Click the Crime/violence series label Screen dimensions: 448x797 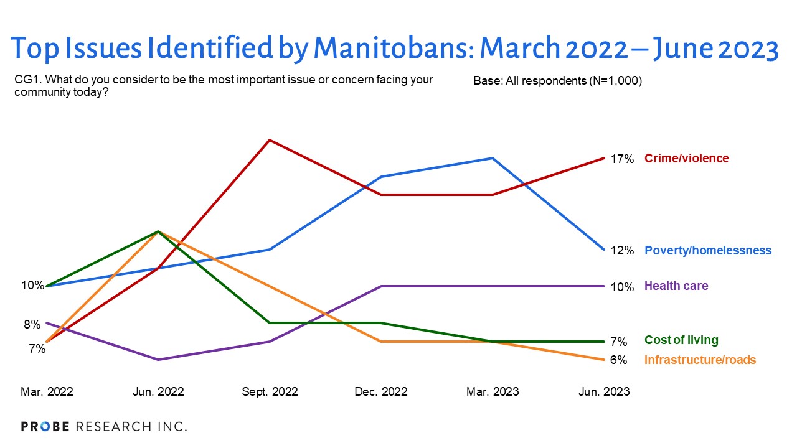tap(686, 159)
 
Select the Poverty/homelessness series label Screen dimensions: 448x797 tap(707, 251)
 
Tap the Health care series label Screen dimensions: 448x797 tap(676, 286)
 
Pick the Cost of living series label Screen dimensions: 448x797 tap(681, 340)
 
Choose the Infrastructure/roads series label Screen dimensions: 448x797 tap(700, 360)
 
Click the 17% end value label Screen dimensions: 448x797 tap(621, 159)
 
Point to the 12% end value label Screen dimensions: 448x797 tap(621, 251)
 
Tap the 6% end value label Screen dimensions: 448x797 tap(618, 360)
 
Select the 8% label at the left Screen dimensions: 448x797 tap(32, 324)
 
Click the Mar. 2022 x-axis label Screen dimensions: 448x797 tap(47, 392)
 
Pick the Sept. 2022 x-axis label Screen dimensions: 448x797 tap(270, 392)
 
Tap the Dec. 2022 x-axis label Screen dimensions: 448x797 tap(381, 392)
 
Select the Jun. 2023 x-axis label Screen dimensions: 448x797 tap(603, 392)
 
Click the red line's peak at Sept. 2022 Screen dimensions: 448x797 tap(270, 140)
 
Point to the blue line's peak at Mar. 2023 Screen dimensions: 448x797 tap(493, 158)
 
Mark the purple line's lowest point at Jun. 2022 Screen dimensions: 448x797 tap(158, 360)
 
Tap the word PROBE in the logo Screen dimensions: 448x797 tap(46, 427)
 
